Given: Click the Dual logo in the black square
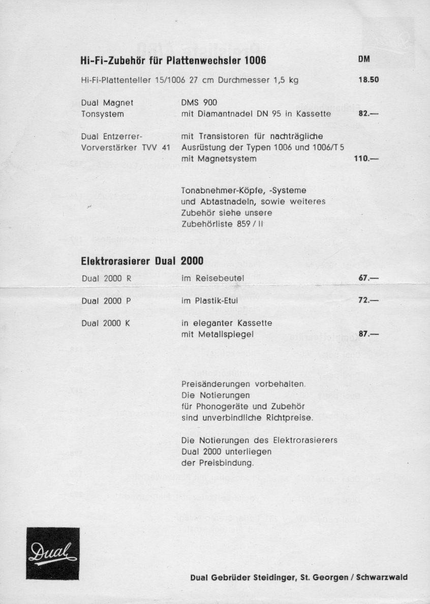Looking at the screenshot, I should click(x=53, y=553).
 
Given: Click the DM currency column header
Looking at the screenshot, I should click(x=363, y=59).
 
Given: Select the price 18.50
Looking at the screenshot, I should click(x=369, y=80).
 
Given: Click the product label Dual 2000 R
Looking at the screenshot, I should click(x=106, y=278).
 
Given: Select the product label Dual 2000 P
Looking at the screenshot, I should click(x=106, y=300).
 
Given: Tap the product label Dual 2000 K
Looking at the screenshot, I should click(x=106, y=323).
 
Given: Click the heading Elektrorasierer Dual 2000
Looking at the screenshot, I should click(x=142, y=261).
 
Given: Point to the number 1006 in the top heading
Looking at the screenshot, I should click(x=256, y=61).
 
